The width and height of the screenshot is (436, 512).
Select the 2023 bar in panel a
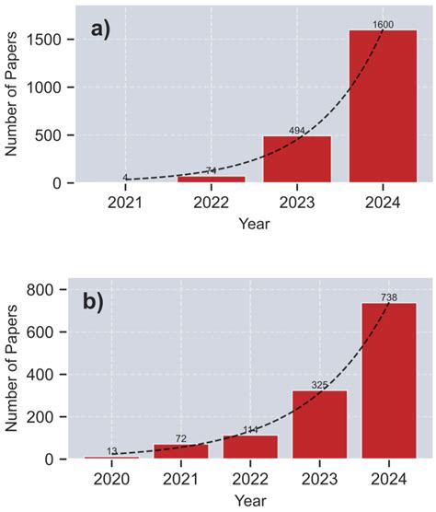click(x=296, y=159)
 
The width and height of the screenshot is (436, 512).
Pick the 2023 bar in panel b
click(x=319, y=424)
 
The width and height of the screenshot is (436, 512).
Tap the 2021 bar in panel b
click(x=181, y=450)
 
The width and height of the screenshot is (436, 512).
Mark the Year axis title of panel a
click(x=254, y=224)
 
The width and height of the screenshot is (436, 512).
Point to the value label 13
click(x=111, y=450)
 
